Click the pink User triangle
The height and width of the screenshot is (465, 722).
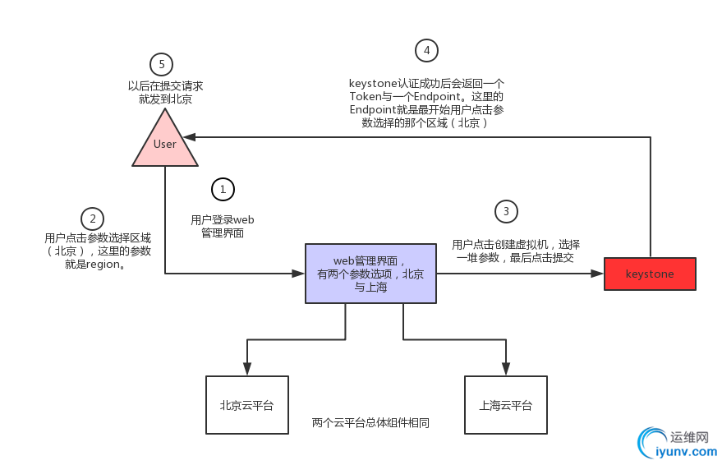coord(165,142)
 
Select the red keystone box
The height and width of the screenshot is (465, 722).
coord(650,274)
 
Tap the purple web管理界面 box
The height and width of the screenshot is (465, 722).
coord(370,274)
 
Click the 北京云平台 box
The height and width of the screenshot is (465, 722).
coord(246,405)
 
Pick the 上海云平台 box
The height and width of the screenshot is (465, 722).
coord(505,405)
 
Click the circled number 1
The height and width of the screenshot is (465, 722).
coord(222,189)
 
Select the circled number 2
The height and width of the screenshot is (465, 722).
coord(93,219)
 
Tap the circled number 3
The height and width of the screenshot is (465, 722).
coord(506,211)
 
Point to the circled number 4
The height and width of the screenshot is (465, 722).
coord(425,50)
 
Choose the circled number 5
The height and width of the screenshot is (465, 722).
coord(162,63)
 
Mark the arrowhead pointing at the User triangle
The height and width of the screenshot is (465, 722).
coord(189,137)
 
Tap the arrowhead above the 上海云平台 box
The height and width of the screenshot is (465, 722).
coord(505,369)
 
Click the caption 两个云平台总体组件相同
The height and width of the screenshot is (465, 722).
coord(371,423)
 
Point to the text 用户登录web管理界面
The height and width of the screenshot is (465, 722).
coord(223,226)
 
